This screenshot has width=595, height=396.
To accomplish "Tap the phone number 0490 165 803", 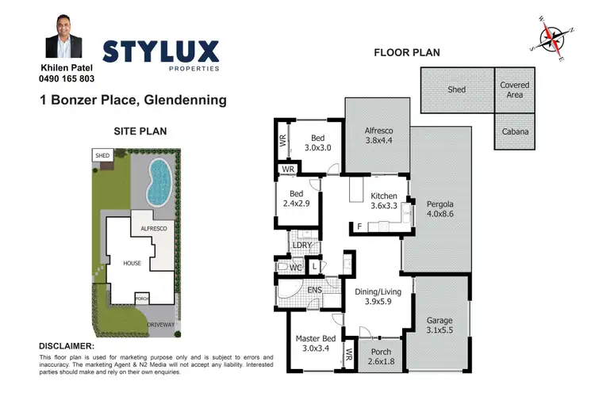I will tap(67, 79).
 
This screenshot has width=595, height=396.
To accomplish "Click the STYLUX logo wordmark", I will tap(160, 53).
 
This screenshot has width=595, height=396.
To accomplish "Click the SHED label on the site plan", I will tap(102, 156).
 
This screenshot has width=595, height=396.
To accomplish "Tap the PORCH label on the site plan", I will tap(142, 299).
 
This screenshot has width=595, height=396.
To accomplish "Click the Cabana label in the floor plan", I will tap(515, 132).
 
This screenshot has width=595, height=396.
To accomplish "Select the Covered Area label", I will tap(515, 89).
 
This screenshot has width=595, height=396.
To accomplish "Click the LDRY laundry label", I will tap(301, 246).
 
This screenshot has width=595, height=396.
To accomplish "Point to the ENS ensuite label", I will tap(316, 291).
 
